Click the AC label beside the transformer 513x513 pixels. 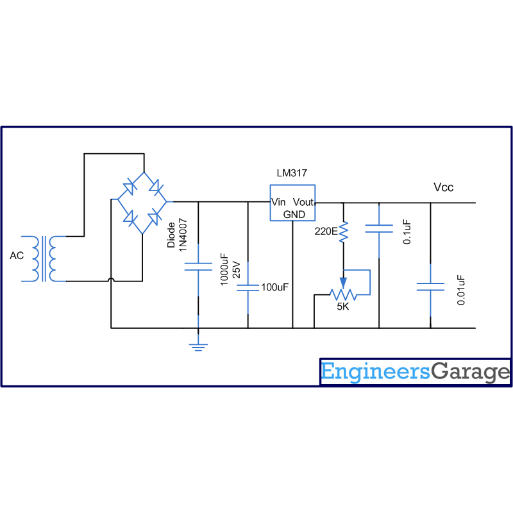[17, 256]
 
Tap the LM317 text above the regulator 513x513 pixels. [292, 174]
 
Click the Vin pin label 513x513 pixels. [279, 202]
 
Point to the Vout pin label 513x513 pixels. [303, 202]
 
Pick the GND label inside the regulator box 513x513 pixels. [294, 214]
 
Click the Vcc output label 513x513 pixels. [444, 187]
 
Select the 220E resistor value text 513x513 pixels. [326, 231]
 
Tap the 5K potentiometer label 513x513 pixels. [343, 307]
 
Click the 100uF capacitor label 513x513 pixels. [274, 287]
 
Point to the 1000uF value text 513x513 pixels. [224, 268]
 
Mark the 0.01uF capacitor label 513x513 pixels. [460, 289]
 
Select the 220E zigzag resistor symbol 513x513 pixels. [343, 231]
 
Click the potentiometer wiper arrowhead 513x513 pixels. [343, 283]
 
